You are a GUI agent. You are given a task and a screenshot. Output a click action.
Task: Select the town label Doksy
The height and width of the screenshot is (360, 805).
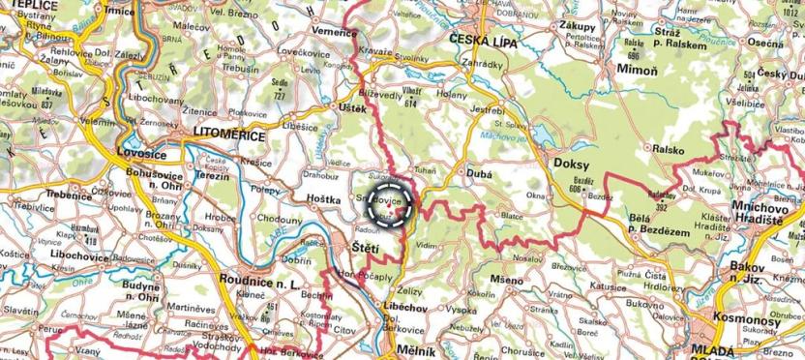click(x=571, y=164)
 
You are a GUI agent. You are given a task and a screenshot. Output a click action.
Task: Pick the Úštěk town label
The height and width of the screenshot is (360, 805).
click(x=352, y=108)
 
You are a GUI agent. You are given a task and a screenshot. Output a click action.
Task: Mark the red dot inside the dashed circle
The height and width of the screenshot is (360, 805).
click(x=390, y=206)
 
